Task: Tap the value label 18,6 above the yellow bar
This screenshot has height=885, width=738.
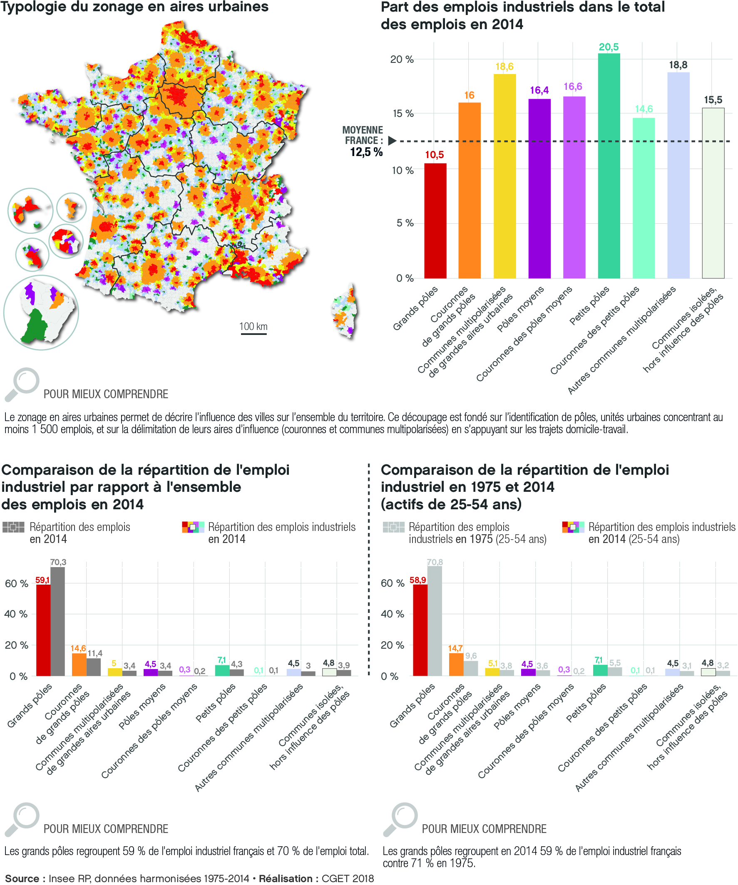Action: point(504,67)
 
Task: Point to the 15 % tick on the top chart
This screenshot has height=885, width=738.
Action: point(403,113)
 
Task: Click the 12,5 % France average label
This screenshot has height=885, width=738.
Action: point(366,152)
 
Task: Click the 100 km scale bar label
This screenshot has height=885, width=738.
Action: point(253,326)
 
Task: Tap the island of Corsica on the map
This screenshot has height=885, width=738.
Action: point(345,312)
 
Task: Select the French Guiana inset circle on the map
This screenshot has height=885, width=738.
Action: point(41,312)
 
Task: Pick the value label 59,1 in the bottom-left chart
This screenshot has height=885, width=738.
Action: point(42,580)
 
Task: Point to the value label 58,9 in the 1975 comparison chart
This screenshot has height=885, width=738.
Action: point(417,580)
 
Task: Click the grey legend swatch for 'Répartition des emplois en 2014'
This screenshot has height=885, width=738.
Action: point(13,527)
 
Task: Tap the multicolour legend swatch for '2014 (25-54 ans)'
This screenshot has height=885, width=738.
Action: point(573,527)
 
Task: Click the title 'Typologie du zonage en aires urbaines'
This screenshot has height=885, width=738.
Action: point(134,7)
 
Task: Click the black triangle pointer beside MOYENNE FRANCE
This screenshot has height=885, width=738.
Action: point(392,141)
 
